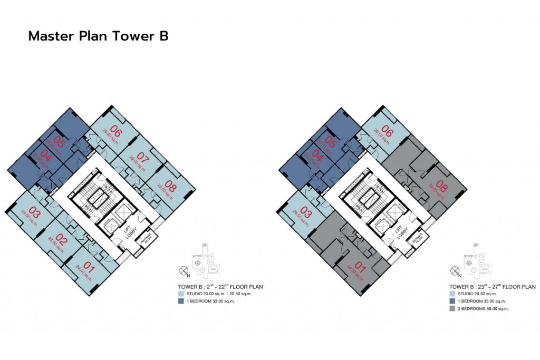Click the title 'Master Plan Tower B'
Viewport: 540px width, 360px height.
(98, 36)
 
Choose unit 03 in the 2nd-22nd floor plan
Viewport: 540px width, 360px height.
(34, 213)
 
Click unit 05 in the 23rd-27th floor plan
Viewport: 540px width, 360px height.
(331, 142)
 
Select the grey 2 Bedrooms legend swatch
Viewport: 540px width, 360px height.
(452, 308)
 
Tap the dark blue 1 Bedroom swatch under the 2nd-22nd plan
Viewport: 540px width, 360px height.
(181, 301)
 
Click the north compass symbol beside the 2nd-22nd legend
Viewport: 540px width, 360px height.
(184, 271)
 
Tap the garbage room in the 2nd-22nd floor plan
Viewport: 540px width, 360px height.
(144, 239)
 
